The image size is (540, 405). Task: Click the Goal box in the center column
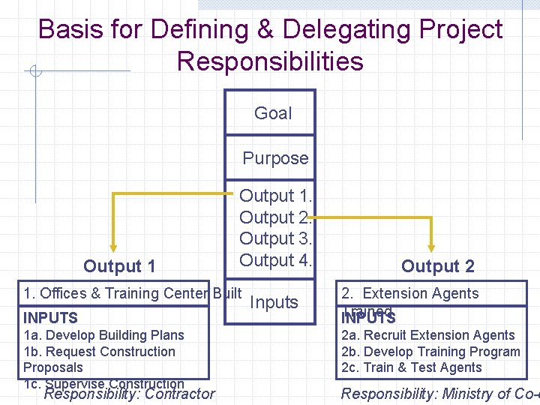(271, 113)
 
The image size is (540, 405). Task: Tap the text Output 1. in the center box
(275, 196)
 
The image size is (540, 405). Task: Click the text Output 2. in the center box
(275, 217)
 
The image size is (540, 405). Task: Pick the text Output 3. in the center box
(275, 238)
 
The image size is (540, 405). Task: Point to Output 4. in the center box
(275, 260)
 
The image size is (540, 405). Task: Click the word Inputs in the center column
(274, 302)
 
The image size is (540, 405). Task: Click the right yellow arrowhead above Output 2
(432, 245)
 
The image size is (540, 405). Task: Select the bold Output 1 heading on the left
(119, 266)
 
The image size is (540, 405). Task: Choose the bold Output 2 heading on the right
(437, 266)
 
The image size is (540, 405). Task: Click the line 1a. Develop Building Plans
(103, 335)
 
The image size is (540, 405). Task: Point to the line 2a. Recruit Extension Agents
(427, 335)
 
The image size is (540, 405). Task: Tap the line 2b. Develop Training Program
(430, 352)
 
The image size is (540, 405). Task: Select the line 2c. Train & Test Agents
(411, 367)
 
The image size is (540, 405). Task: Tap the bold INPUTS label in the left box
(50, 318)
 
